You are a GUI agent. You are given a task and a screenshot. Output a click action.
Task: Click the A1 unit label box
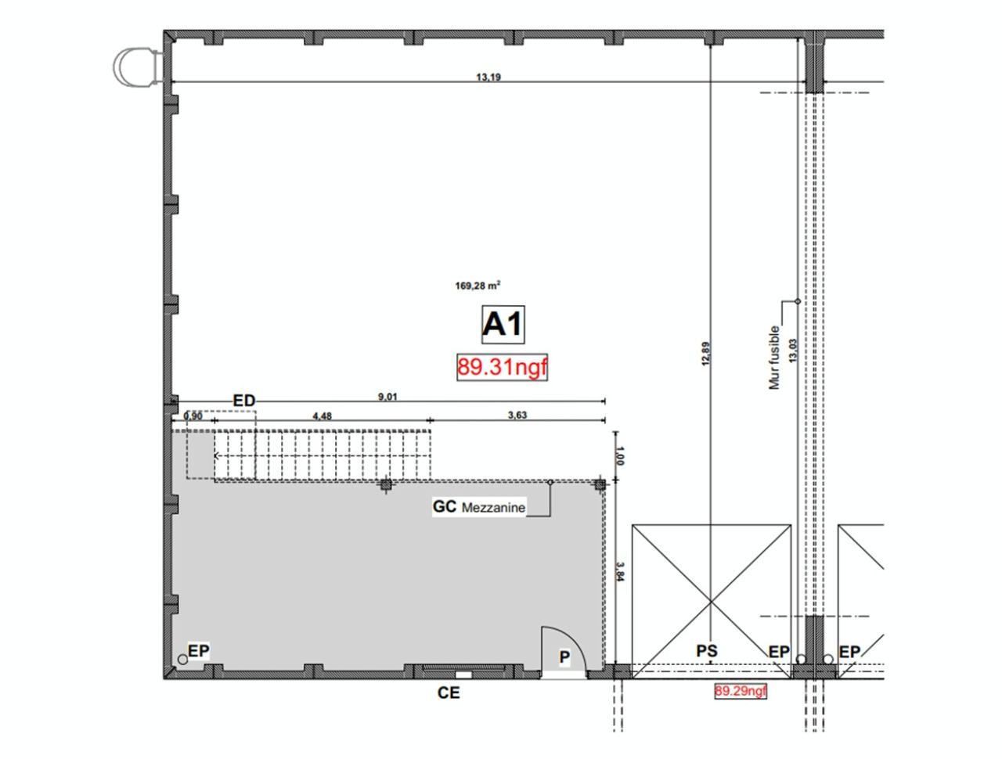tap(502, 324)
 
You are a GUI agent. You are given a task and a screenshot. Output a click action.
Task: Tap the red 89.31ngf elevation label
tap(502, 367)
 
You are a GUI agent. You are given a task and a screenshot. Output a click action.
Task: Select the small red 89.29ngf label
tap(741, 691)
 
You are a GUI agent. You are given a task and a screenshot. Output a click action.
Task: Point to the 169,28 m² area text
tap(478, 286)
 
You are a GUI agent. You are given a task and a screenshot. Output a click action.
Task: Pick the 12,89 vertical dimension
tap(705, 354)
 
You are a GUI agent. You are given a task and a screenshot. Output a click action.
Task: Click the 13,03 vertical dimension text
tap(793, 349)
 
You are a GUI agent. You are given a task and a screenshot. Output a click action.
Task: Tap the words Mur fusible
tap(775, 358)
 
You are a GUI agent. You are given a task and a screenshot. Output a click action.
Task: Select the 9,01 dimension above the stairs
tap(387, 397)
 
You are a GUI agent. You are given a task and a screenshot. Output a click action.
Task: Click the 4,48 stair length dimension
tap(322, 416)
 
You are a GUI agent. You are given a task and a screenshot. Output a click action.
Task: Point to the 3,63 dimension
tap(517, 415)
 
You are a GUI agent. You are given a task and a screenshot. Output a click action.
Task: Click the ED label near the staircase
tap(244, 401)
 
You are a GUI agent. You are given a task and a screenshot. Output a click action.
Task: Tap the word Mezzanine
tap(493, 508)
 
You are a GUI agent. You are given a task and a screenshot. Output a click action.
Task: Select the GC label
tap(444, 506)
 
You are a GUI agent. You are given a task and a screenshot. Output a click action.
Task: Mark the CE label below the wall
tap(449, 692)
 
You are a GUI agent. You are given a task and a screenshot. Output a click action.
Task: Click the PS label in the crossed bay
tap(707, 650)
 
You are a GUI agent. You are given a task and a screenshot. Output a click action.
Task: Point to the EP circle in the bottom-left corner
tap(182, 660)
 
